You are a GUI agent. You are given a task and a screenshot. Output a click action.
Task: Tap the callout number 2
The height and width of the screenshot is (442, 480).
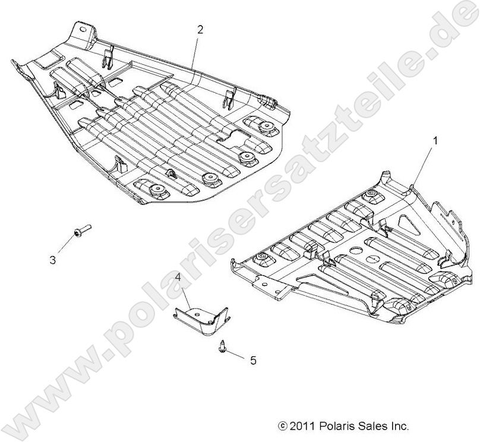click(x=200, y=30)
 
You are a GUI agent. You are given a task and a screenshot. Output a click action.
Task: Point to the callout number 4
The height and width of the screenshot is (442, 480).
click(x=178, y=277)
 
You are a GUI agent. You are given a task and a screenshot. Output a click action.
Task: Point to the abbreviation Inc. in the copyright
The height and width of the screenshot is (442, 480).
click(x=399, y=426)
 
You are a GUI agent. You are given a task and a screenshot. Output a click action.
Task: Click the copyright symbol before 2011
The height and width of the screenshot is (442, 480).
click(x=283, y=427)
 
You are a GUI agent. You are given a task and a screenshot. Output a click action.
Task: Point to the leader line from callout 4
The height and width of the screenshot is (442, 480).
click(x=184, y=293)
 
